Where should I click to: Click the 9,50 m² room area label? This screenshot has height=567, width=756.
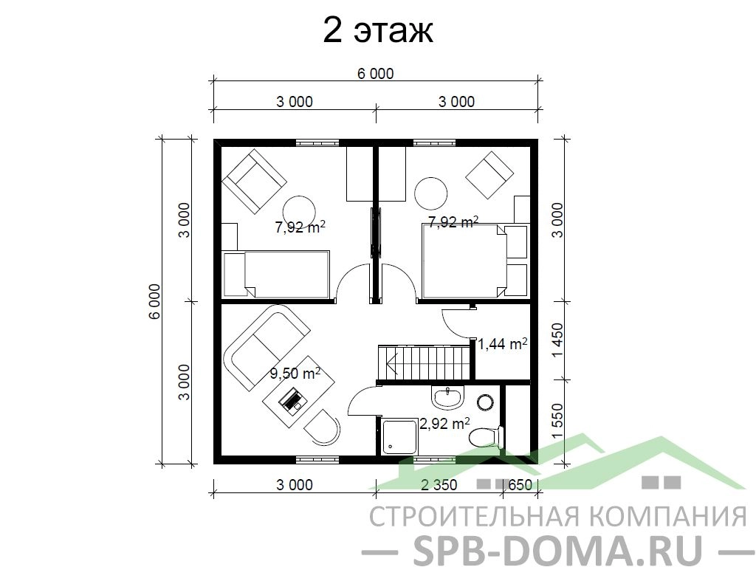coord(295,374)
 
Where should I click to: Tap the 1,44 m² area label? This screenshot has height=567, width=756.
coord(502,343)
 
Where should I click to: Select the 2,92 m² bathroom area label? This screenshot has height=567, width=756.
coord(444,423)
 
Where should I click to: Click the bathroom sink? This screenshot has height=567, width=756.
coord(448,397)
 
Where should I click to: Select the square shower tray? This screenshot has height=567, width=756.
coord(399,437)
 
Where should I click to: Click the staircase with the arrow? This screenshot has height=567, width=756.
coord(424,362)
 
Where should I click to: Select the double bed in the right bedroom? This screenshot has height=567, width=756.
coord(464,261)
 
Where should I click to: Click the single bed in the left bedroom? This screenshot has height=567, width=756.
coord(275,274)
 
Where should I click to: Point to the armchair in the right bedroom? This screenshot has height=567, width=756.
coord(489,175)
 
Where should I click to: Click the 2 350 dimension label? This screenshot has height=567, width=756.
coord(439,484)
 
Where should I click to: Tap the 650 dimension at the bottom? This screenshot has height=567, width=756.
coord(520,484)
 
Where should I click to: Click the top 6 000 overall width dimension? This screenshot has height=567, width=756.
coord(376,73)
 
